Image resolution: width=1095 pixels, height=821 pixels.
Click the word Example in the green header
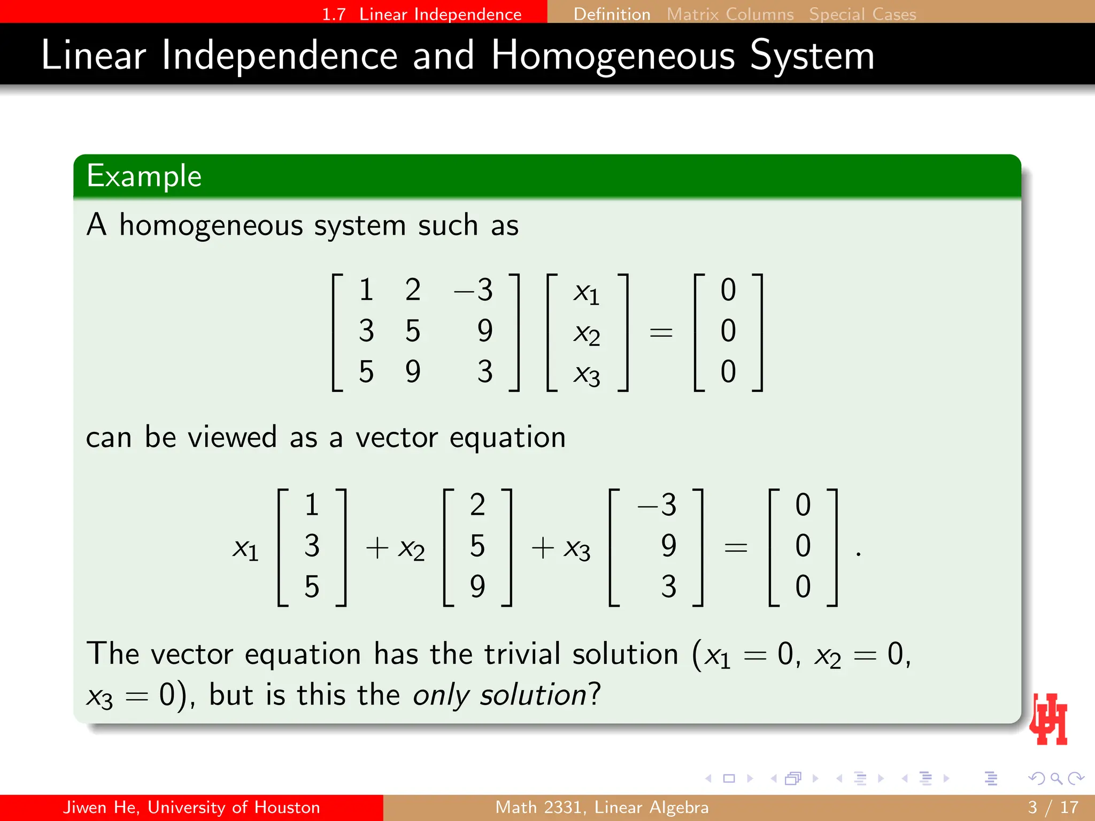click(x=144, y=176)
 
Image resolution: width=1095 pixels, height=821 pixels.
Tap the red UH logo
click(x=1049, y=719)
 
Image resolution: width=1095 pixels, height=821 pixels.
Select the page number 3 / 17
click(x=1053, y=807)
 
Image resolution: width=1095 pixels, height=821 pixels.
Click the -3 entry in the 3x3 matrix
click(x=474, y=290)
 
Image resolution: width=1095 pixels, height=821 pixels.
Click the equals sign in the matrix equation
click(x=661, y=333)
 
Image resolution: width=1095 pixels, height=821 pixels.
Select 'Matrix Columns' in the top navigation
click(x=730, y=14)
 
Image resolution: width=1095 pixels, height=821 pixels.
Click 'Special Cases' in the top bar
click(x=862, y=14)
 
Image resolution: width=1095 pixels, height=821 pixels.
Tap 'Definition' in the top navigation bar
click(x=612, y=14)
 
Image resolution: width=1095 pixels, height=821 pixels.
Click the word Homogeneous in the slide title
click(x=613, y=56)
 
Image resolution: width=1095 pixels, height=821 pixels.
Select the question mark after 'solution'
click(x=595, y=694)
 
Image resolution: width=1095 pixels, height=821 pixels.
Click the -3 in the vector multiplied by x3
click(x=657, y=505)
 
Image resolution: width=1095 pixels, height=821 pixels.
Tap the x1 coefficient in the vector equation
click(x=245, y=548)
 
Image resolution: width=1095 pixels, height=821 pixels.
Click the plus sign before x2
click(x=377, y=548)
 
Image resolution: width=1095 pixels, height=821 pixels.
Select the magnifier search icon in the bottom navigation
click(x=1056, y=779)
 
